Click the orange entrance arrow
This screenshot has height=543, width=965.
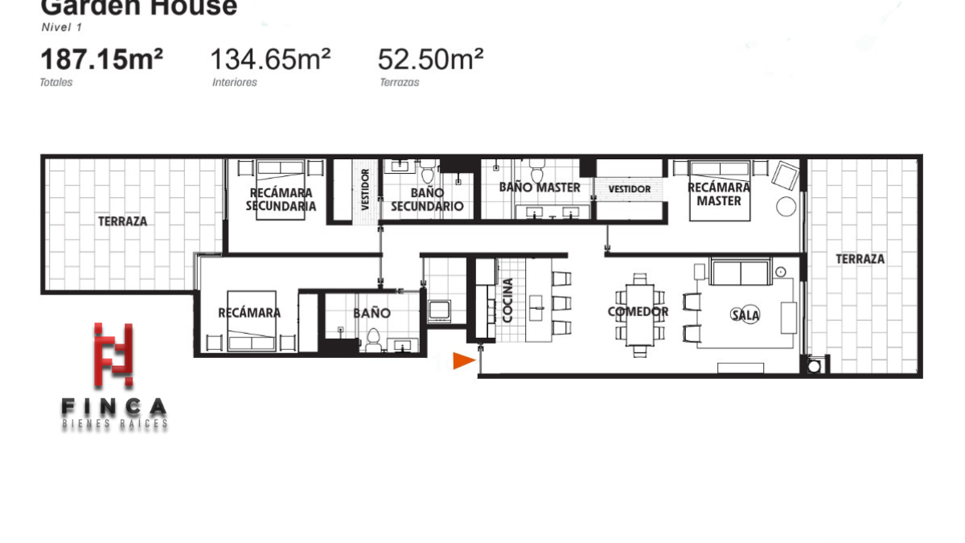pos(463,360)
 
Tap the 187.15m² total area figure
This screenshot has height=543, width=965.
pos(101,59)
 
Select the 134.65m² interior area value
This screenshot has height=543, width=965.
pos(270,59)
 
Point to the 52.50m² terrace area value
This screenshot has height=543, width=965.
pos(431,59)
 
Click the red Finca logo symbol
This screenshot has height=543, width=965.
pos(113,354)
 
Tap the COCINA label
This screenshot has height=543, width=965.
pos(507,300)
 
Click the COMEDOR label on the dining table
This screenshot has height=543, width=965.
pos(638,311)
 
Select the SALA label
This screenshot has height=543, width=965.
pos(745,315)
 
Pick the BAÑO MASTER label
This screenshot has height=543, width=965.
pos(540,187)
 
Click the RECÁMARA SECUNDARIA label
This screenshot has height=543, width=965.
pos(281,200)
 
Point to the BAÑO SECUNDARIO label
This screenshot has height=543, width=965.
pos(427,200)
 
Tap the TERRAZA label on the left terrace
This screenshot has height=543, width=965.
pos(123,221)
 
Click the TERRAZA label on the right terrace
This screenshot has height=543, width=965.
pos(860,259)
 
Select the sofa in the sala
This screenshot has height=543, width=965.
pos(740,272)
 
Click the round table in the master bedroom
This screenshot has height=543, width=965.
pos(786,207)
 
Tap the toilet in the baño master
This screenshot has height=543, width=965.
pos(537,171)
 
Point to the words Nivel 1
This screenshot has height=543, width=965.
pos(62,27)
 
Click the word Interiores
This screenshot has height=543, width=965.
pos(234,82)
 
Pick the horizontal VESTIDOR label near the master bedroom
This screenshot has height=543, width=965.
pos(630,189)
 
